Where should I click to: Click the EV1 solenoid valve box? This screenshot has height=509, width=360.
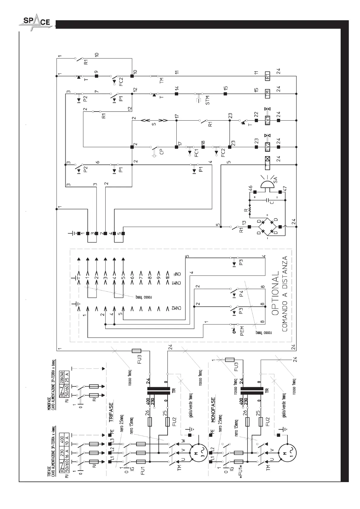point(267,120)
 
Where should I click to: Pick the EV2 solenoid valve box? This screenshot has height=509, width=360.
point(267,147)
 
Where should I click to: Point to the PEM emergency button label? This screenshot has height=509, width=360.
point(242,331)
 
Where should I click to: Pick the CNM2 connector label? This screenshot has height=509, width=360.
point(178,308)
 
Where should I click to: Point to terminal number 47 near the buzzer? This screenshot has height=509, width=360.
point(285,189)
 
